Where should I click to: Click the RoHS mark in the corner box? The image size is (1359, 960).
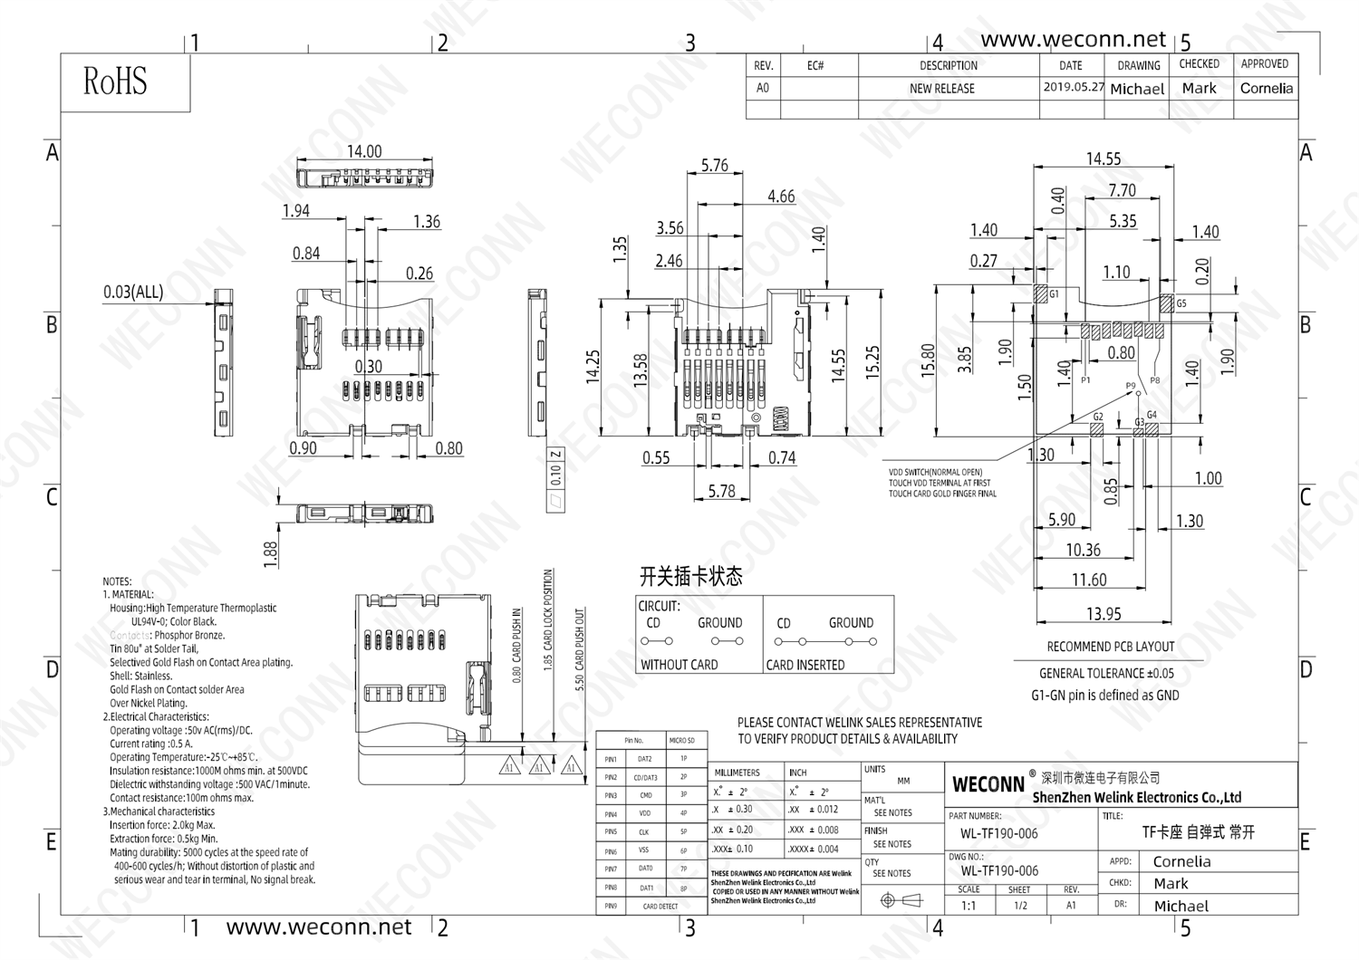[x=115, y=82]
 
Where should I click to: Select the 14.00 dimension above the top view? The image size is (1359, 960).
[x=364, y=151]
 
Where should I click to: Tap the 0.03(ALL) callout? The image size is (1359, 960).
[x=133, y=292]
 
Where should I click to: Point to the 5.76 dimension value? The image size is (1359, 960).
[x=714, y=165]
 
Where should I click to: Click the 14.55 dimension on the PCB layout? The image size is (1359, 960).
[x=1104, y=158]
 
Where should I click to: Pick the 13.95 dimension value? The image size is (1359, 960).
[x=1104, y=614]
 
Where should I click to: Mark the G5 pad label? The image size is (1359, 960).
[x=1181, y=304]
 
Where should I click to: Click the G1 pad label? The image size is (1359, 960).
[x=1054, y=294]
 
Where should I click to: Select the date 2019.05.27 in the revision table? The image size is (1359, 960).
[x=1074, y=88]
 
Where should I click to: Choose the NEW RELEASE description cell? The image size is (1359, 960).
[x=942, y=89]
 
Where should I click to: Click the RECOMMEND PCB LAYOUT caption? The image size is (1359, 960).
[x=1110, y=647]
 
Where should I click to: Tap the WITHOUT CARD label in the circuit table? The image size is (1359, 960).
[x=679, y=665]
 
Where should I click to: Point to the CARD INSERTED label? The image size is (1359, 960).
[x=805, y=665]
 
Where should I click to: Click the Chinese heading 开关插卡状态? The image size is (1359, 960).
[x=690, y=576]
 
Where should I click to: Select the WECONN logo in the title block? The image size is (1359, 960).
[x=988, y=784]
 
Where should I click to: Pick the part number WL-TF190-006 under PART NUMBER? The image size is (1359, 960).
[x=999, y=833]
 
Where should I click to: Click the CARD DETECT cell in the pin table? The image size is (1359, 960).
[x=660, y=906]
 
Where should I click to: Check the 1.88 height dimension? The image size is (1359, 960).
[x=270, y=554]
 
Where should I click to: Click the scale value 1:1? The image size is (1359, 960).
[x=969, y=906]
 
